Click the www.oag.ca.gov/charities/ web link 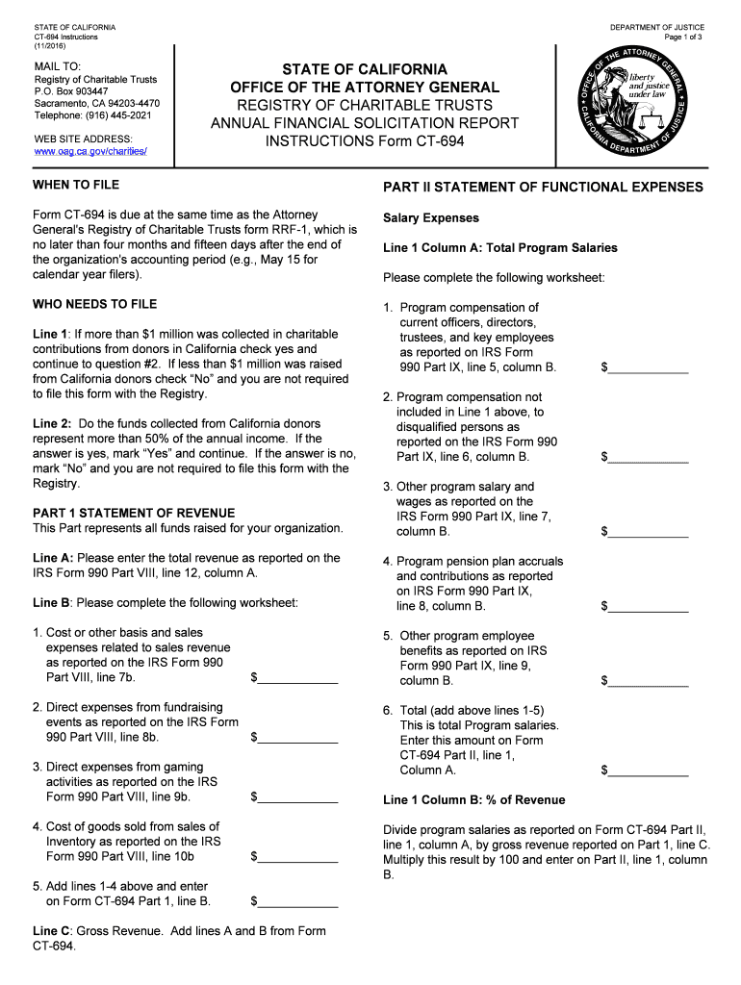pyautogui.click(x=90, y=152)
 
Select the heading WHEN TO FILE pyautogui.click(x=76, y=184)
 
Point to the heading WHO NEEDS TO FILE pyautogui.click(x=94, y=304)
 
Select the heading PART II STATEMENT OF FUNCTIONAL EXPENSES pyautogui.click(x=543, y=187)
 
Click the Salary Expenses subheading pyautogui.click(x=431, y=218)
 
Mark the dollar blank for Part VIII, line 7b pyautogui.click(x=298, y=678)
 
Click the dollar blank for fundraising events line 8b pyautogui.click(x=298, y=738)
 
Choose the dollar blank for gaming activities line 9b pyautogui.click(x=298, y=797)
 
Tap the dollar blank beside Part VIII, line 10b pyautogui.click(x=298, y=857)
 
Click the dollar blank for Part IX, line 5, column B pyautogui.click(x=649, y=367)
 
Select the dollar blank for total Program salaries pyautogui.click(x=649, y=770)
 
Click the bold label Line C pyautogui.click(x=50, y=931)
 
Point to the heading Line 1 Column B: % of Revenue pyautogui.click(x=473, y=800)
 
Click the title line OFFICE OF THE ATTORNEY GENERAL pyautogui.click(x=365, y=88)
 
